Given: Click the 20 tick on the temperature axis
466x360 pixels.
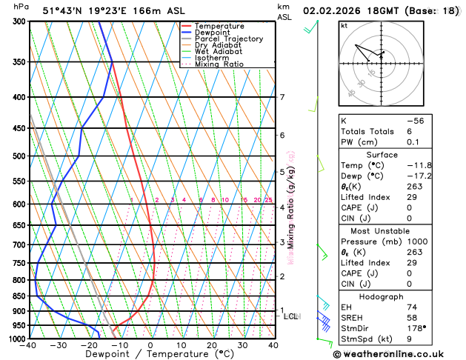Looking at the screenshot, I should coord(212,345).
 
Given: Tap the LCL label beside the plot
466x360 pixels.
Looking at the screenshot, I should coord(290,316).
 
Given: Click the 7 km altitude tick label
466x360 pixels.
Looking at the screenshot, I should coord(282,97).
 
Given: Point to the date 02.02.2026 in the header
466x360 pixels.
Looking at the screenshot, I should coord(335,11).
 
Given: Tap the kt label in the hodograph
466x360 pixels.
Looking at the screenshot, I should coord(344,26).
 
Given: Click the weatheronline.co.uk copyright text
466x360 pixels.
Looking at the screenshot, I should coord(399,353).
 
